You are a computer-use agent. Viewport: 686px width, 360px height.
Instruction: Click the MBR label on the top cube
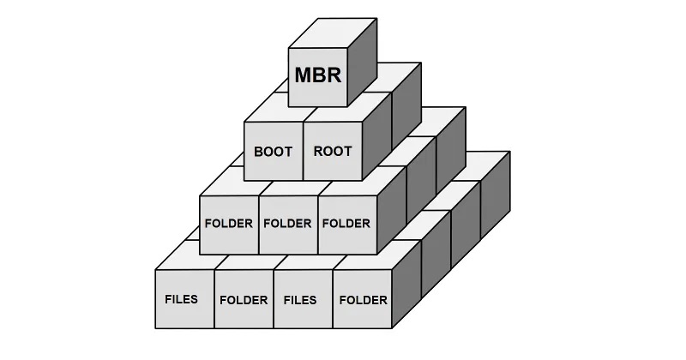pos(317,75)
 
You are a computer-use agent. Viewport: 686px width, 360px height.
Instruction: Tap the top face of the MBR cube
pos(333,33)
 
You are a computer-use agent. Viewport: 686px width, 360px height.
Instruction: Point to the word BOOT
pos(273,152)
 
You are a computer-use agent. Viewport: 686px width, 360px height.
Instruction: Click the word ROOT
pos(333,152)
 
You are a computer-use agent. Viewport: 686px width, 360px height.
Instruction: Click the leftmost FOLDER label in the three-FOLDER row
pos(229,224)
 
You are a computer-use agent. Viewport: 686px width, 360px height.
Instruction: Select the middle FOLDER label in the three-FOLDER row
pos(287,224)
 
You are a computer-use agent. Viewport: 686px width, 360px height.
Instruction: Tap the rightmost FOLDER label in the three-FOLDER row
pos(346,224)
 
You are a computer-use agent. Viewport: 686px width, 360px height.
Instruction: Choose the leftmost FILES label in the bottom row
pos(181,299)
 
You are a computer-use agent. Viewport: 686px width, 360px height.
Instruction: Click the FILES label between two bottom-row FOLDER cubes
pos(300,300)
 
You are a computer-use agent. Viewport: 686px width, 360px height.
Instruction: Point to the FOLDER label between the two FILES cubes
pos(244,300)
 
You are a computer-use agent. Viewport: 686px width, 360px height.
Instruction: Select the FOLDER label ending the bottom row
pos(363,300)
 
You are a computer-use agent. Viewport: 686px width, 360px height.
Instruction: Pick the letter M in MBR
pos(304,75)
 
